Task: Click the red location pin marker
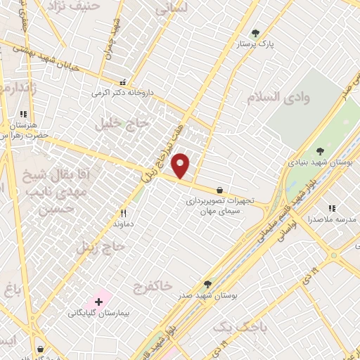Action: click(x=181, y=166)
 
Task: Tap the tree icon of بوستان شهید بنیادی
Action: click(x=320, y=150)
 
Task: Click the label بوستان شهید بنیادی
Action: click(x=320, y=162)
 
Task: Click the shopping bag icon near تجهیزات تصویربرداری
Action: click(x=220, y=190)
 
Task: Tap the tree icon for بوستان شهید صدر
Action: click(x=207, y=284)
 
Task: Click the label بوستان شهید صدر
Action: click(x=207, y=296)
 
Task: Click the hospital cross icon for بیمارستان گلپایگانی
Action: click(x=98, y=301)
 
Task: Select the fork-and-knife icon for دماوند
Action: click(x=123, y=212)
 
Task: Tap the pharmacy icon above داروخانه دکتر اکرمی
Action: click(x=124, y=81)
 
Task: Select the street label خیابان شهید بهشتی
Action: click(x=56, y=54)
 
